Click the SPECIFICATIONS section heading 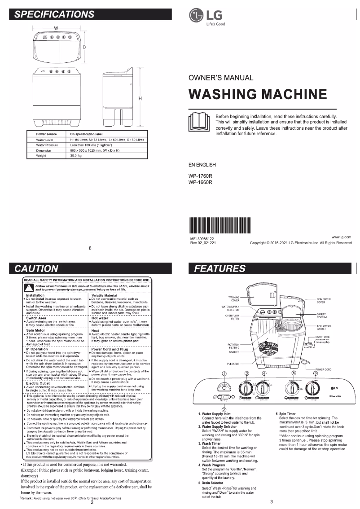coord(54,14)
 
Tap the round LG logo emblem coord(196,16)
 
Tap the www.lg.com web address coord(341,237)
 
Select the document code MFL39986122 coord(202,239)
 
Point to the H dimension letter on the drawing coord(140,98)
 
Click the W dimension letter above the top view coord(56,28)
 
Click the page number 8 coord(90,248)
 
